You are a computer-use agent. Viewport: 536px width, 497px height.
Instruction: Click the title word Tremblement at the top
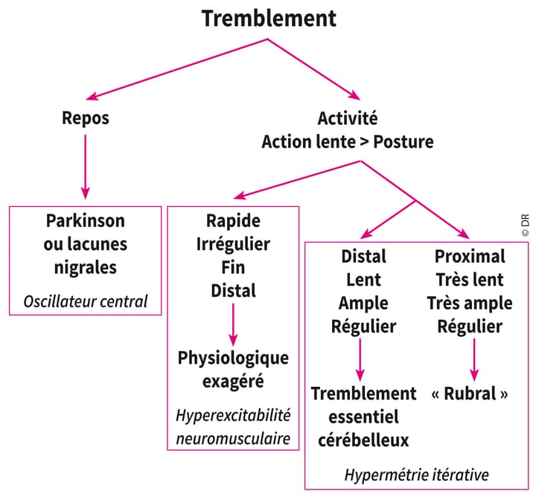(x=269, y=17)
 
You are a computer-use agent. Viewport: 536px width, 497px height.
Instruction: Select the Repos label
(x=85, y=118)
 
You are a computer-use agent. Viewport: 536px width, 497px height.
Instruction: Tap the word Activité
(x=347, y=118)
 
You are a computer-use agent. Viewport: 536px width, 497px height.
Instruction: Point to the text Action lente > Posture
(x=347, y=141)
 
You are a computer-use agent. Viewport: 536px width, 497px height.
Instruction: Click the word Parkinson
(x=85, y=222)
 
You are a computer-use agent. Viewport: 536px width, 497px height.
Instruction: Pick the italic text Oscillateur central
(x=85, y=301)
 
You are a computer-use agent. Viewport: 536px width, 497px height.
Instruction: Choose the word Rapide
(x=233, y=222)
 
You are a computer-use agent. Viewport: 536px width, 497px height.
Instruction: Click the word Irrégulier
(x=233, y=244)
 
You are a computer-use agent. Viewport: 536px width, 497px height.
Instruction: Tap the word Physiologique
(x=233, y=358)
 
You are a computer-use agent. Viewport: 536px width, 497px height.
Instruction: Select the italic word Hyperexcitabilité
(x=233, y=414)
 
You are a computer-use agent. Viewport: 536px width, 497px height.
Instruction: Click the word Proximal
(x=469, y=257)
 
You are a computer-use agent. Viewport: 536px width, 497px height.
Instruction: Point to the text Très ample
(x=469, y=303)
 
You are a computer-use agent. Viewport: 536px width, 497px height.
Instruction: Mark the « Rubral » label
(x=470, y=394)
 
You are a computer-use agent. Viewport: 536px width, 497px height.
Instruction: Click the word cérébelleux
(x=363, y=440)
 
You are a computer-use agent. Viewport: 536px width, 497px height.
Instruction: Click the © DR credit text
(x=524, y=224)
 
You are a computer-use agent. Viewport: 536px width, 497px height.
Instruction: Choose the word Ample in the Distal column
(x=363, y=303)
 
